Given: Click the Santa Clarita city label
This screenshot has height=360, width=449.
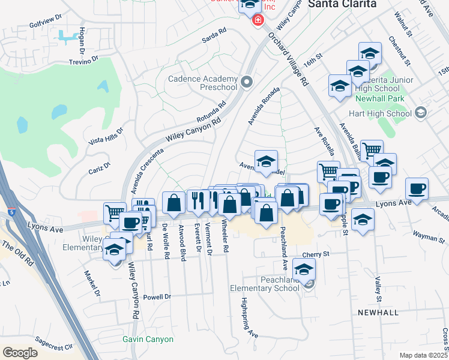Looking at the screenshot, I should coord(342,4).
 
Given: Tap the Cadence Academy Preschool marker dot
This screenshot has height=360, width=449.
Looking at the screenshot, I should coord(247,81).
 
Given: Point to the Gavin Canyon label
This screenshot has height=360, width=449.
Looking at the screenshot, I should coord(148,339).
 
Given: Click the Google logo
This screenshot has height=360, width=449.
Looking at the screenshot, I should coord(20,352).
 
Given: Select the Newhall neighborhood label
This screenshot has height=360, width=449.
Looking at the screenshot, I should coord(378,313).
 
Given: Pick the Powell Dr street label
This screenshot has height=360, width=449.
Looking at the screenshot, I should coord(158,296).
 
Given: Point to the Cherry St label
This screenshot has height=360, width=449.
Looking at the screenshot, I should coord(316,254).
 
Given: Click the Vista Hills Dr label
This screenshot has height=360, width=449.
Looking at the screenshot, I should coord(106,136).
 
